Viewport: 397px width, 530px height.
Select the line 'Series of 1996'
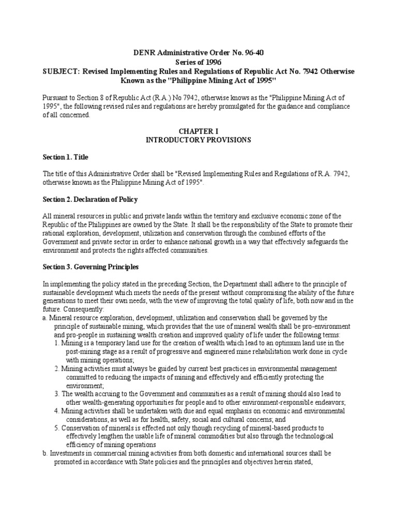(198, 61)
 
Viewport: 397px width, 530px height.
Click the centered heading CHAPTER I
(198, 131)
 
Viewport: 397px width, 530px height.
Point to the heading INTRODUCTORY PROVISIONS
(198, 140)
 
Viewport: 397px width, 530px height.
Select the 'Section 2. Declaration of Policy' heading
(90, 200)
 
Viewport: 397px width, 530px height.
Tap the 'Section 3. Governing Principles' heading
(90, 267)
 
